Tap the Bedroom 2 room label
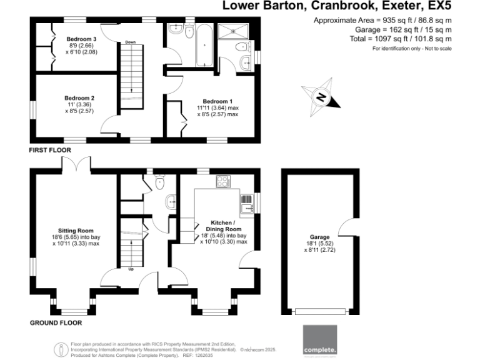pos(79,98)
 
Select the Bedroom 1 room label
pos(217,101)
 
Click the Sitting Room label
pos(76,230)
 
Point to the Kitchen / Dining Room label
pos(222,226)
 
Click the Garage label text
pos(319,237)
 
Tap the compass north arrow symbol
pos(321,97)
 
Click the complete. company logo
pos(319,341)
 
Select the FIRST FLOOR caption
pos(50,151)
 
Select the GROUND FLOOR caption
pos(56,323)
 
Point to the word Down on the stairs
pos(130,42)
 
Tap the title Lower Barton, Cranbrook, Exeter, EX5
pos(336,7)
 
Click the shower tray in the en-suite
pos(233,33)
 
